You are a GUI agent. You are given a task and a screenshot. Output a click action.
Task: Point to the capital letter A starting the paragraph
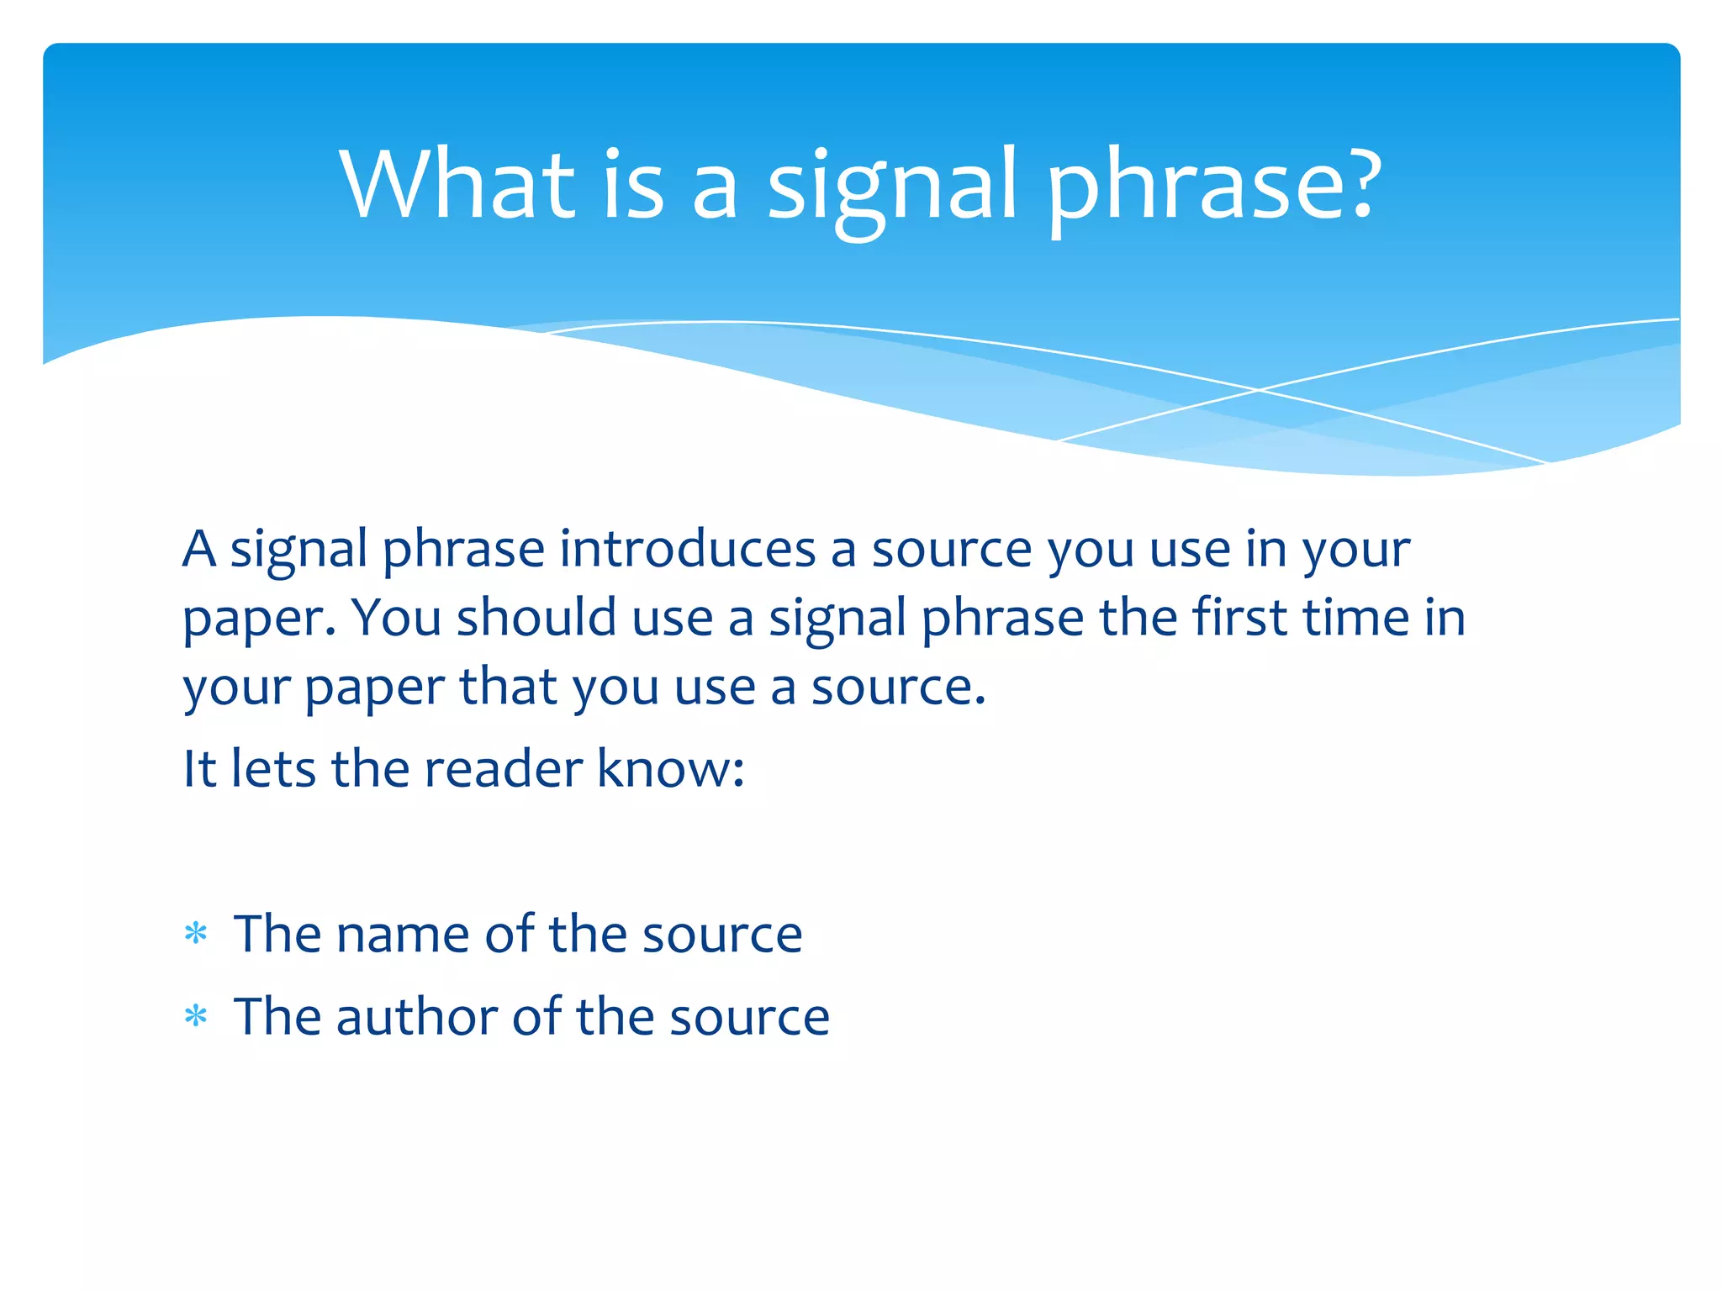(x=199, y=549)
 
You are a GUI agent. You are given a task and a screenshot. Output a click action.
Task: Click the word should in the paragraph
(x=536, y=618)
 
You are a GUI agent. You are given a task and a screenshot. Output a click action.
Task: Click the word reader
(x=503, y=768)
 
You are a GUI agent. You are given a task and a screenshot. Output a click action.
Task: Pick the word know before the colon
(x=662, y=768)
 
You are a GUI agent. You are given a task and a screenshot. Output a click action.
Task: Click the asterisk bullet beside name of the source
(x=196, y=935)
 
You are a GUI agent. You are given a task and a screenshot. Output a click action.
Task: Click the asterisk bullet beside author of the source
(x=196, y=1017)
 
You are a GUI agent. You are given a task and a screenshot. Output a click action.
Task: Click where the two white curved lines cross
(x=1259, y=390)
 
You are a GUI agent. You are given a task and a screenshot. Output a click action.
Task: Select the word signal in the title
(x=891, y=189)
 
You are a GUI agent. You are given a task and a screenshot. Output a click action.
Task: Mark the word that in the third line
(x=508, y=687)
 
